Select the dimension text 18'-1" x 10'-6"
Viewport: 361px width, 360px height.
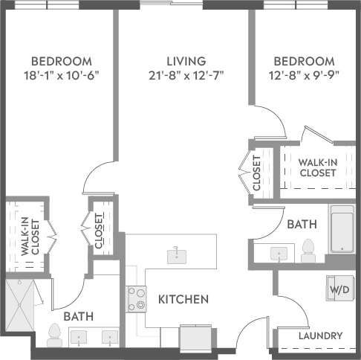click(x=61, y=74)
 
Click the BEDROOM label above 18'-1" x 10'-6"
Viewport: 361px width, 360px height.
click(x=61, y=60)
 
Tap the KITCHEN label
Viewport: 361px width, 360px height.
click(x=183, y=300)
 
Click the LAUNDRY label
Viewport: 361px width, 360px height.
click(x=320, y=335)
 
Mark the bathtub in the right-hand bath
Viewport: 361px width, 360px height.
click(x=344, y=231)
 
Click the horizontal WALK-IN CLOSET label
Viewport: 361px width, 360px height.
click(x=317, y=167)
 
